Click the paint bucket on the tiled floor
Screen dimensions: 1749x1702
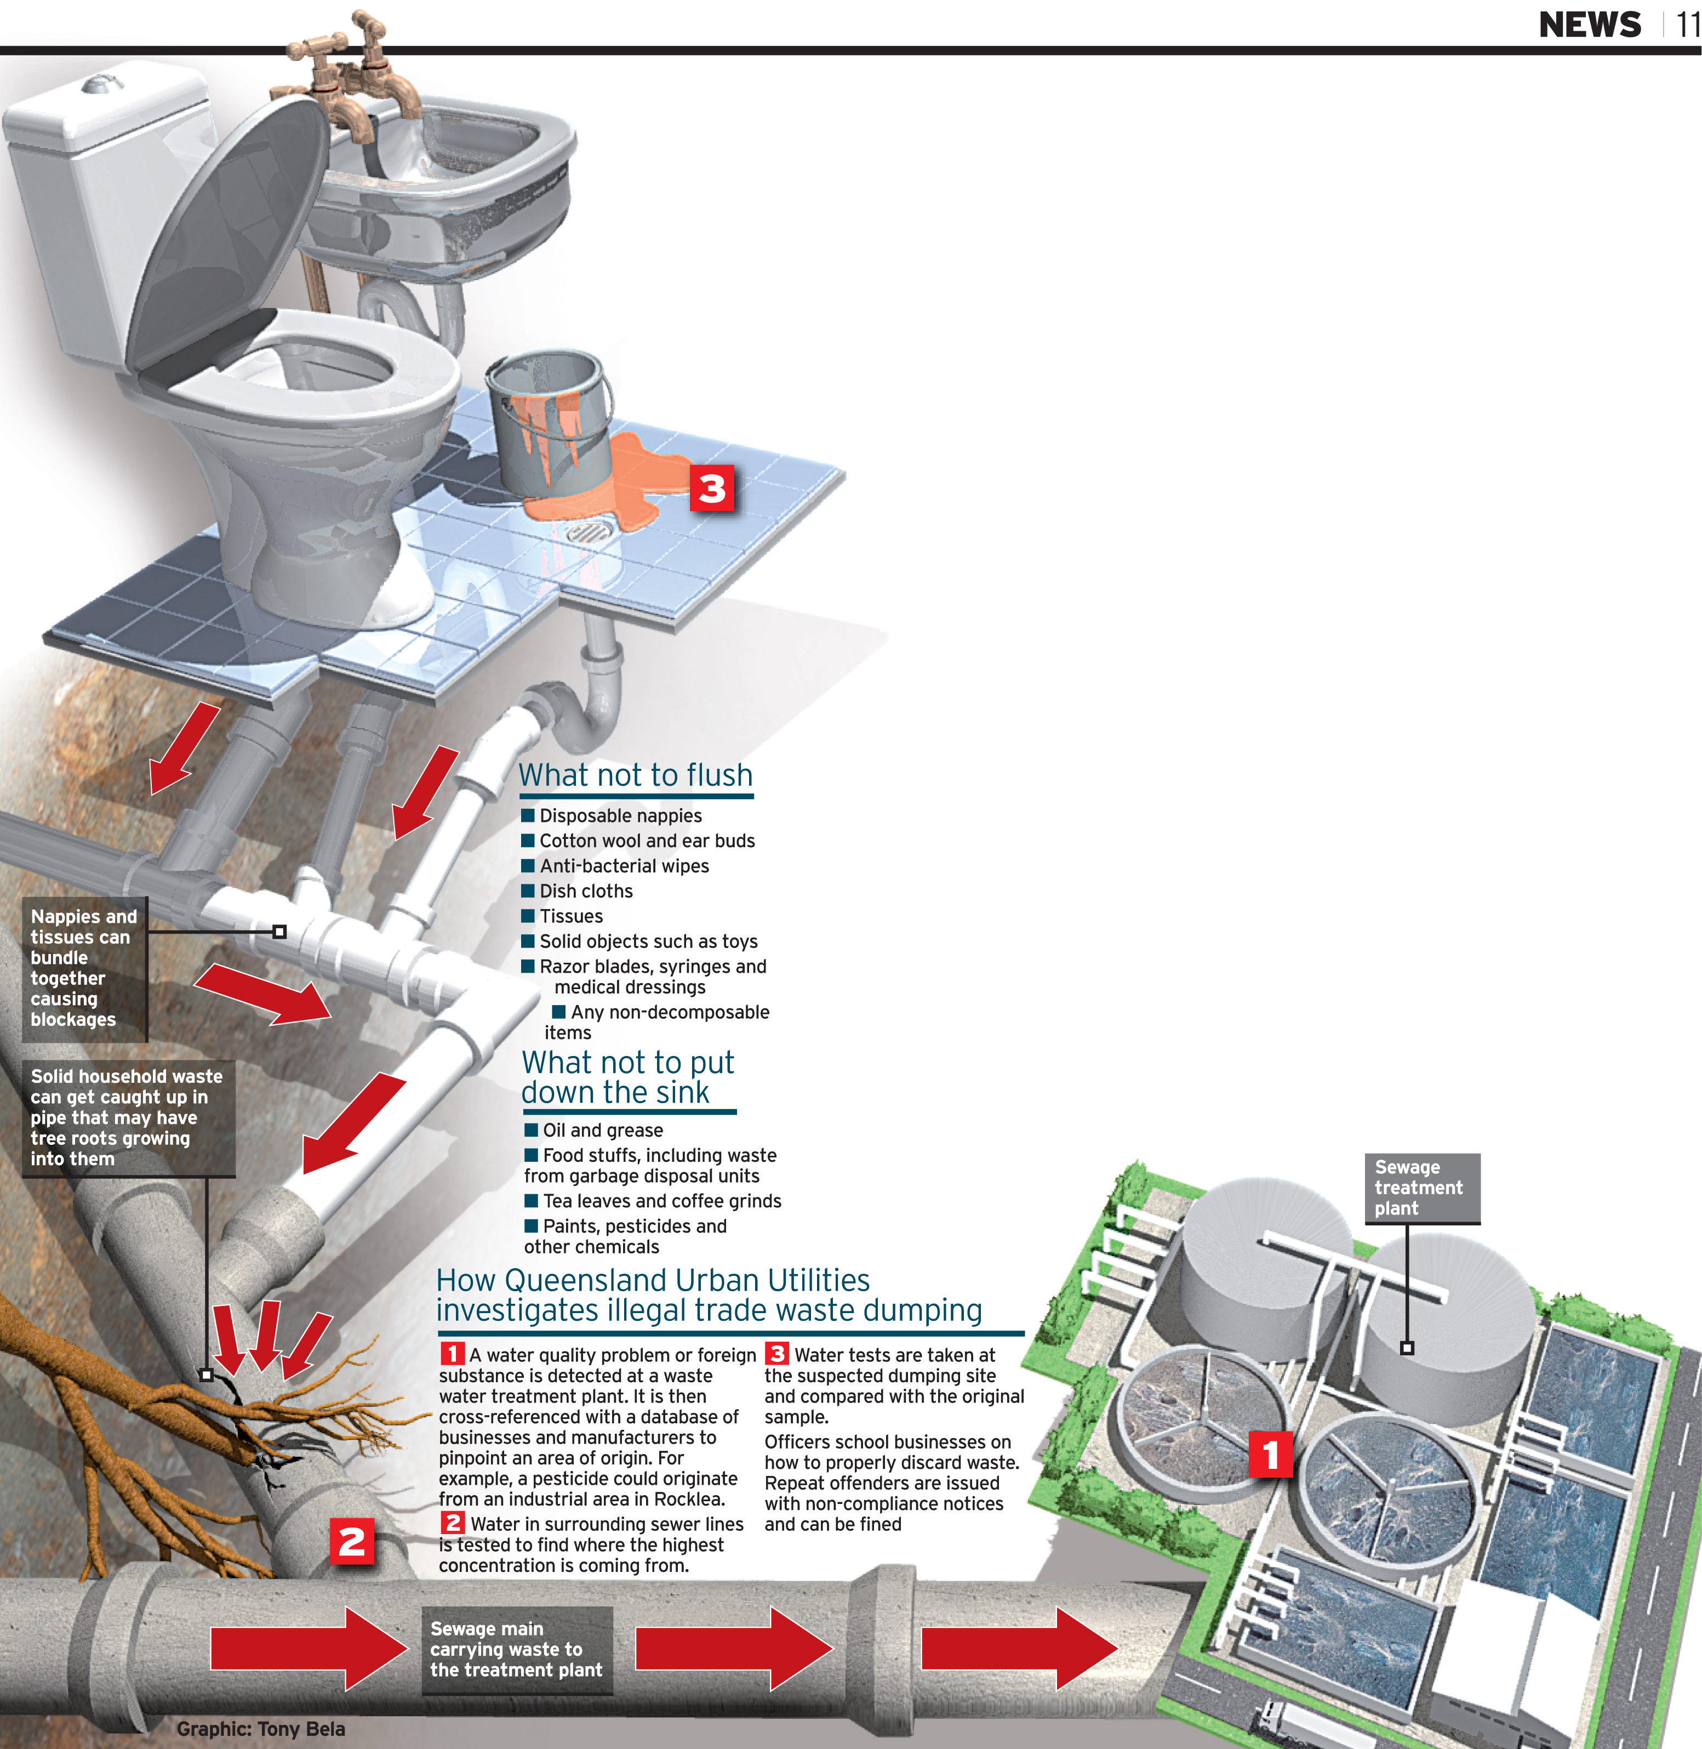(547, 421)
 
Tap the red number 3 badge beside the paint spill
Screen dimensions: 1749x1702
(712, 488)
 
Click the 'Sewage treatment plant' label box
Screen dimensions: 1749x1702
(1421, 1188)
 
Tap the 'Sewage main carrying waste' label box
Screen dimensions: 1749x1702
(517, 1650)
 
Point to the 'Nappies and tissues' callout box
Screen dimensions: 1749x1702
(84, 968)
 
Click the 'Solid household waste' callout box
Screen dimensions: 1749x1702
(127, 1118)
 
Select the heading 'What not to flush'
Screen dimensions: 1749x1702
(636, 775)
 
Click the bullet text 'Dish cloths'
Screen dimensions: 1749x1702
(586, 891)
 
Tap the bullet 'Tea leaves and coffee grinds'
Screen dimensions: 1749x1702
(661, 1201)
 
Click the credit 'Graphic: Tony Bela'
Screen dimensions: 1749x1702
(260, 1728)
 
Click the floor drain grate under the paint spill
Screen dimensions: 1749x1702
(588, 534)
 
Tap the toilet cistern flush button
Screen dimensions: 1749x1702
(101, 85)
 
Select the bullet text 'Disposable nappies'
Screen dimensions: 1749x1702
(620, 815)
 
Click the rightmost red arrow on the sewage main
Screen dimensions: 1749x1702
(1019, 1648)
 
